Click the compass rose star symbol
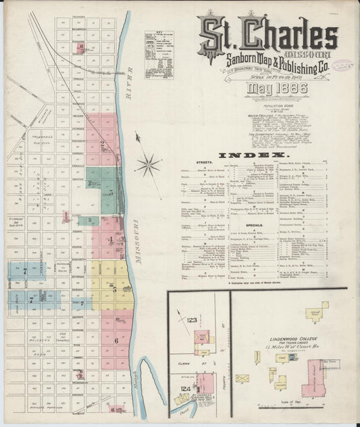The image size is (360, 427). point(148,164)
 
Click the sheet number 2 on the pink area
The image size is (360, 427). point(102,143)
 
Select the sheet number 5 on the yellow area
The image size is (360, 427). point(115,289)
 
